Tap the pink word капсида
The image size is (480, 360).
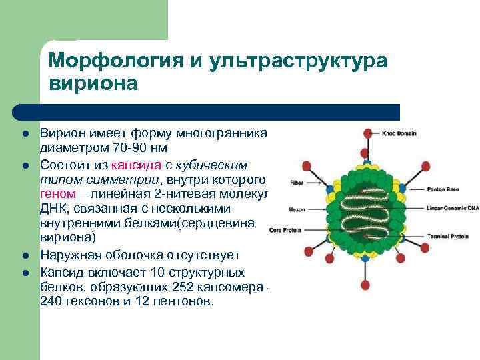[x=136, y=165]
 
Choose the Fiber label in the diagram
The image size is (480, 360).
[x=297, y=181]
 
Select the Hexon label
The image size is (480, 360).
[x=297, y=209]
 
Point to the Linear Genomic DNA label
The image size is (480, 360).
[x=454, y=208]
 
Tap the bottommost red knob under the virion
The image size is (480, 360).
[x=365, y=286]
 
